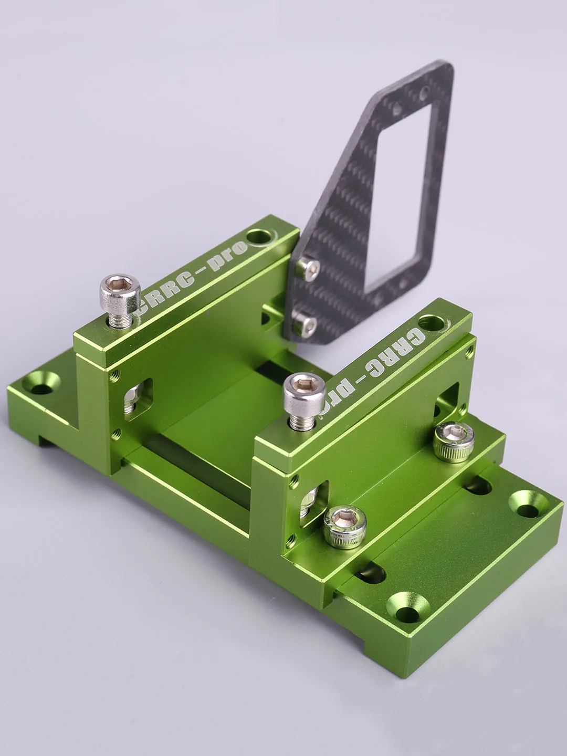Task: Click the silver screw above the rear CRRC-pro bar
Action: coord(120,297)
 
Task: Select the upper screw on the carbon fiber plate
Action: coord(307,268)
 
